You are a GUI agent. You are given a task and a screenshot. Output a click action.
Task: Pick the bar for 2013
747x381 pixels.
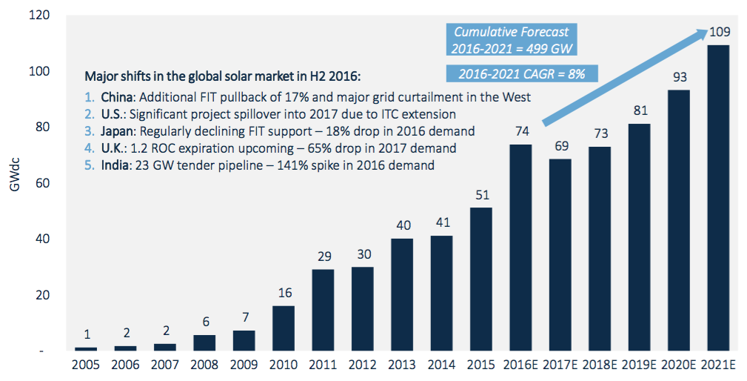[402, 294]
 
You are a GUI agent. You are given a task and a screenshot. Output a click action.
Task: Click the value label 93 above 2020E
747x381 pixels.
[680, 77]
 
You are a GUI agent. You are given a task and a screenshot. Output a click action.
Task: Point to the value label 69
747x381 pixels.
[560, 146]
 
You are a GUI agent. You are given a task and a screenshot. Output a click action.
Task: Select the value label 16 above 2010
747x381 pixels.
[284, 293]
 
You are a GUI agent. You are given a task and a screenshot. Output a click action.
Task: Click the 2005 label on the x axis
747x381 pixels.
[85, 365]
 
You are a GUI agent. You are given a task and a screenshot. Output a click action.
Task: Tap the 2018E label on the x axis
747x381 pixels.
[600, 365]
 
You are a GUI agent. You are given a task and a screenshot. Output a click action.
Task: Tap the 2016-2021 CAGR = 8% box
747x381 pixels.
[522, 73]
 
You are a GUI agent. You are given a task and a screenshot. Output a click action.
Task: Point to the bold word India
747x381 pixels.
[115, 165]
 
